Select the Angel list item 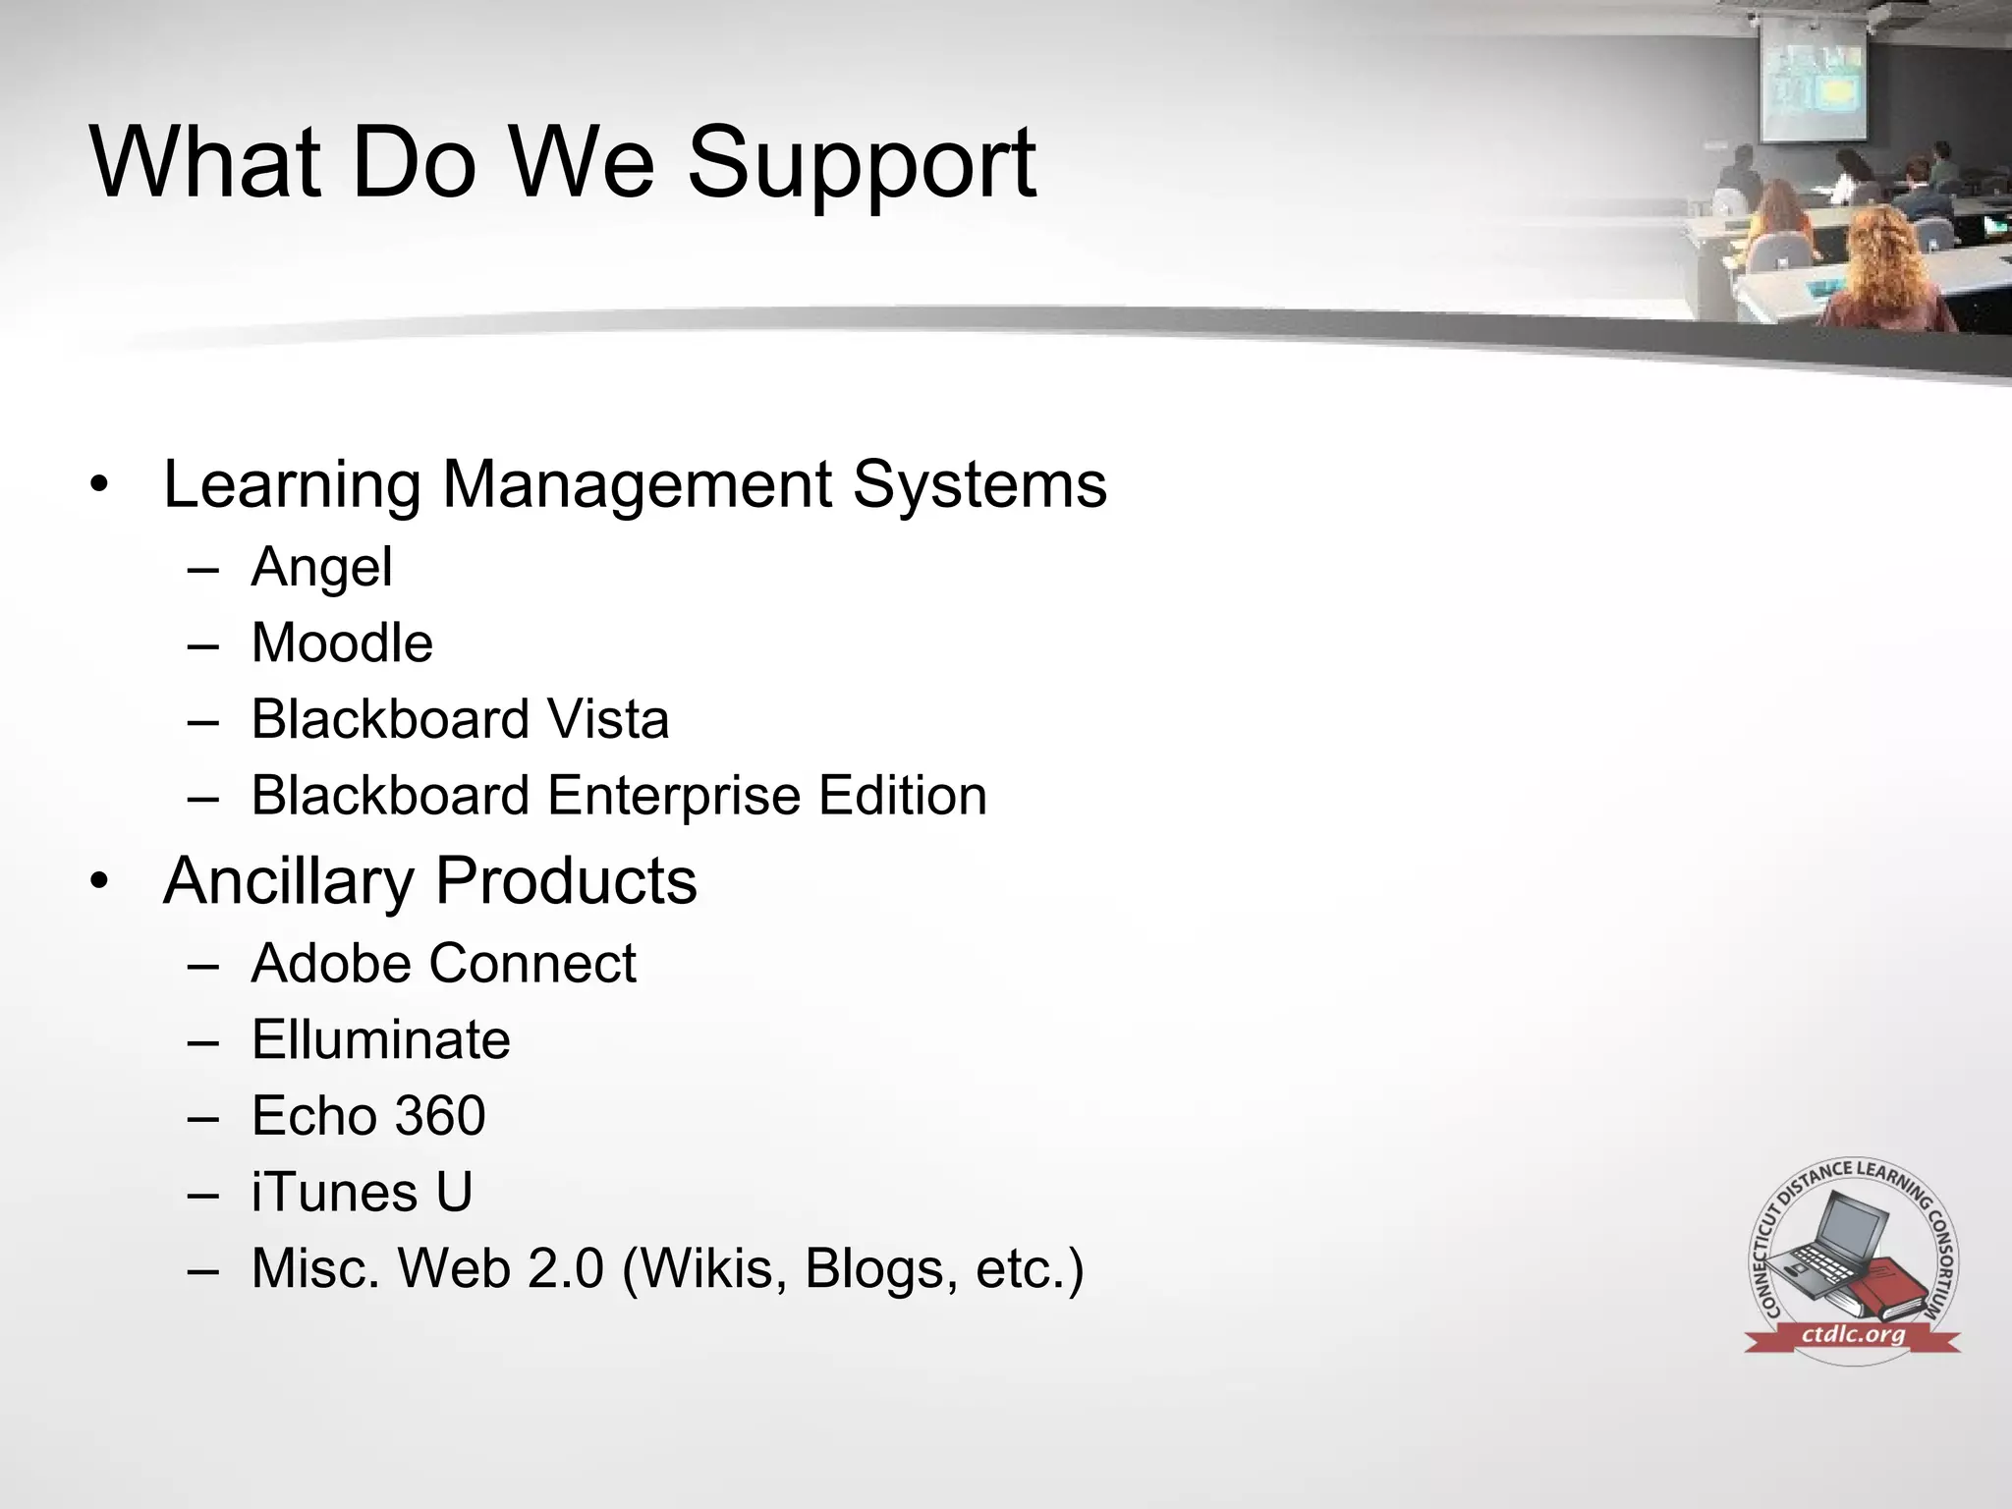pyautogui.click(x=321, y=568)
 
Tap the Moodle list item pyautogui.click(x=342, y=643)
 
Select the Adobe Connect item pyautogui.click(x=443, y=964)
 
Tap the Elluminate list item pyautogui.click(x=380, y=1039)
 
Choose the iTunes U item pyautogui.click(x=362, y=1193)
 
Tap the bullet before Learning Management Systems pyautogui.click(x=98, y=485)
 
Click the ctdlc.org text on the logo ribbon pyautogui.click(x=1853, y=1335)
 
